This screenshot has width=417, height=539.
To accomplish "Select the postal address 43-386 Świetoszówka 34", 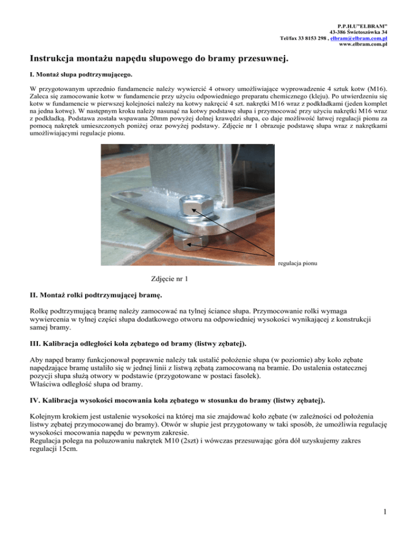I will [364, 33].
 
